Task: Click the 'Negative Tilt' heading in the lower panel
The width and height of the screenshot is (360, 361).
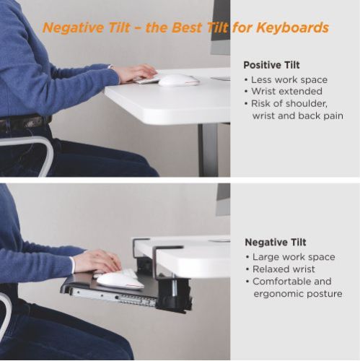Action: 275,243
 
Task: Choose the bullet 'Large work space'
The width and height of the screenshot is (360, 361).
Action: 294,257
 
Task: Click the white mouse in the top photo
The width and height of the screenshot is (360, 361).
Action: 178,79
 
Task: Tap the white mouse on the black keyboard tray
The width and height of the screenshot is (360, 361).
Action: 120,279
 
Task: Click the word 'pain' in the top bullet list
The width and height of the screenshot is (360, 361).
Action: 330,116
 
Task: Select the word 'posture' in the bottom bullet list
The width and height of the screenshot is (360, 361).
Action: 322,294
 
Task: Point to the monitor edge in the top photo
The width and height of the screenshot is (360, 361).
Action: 221,29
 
